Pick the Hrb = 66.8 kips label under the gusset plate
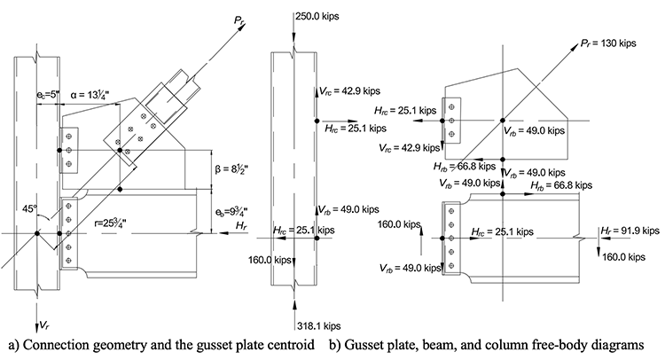461,165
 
